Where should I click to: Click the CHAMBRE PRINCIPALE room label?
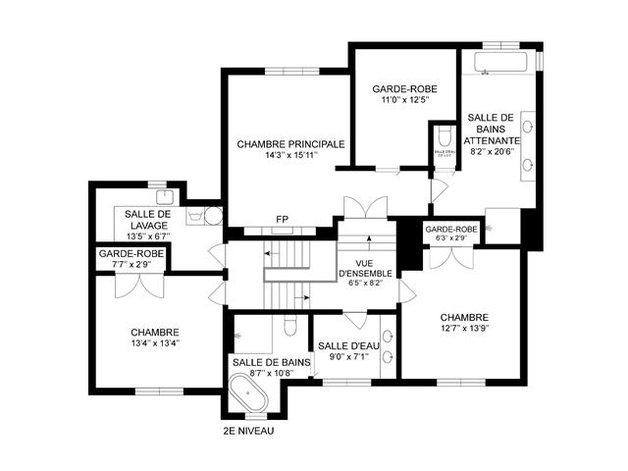[290, 143]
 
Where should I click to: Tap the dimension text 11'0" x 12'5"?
[405, 100]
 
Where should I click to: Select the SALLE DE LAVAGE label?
[148, 220]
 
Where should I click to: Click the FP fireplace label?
[282, 219]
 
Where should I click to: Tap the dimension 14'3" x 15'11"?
[290, 155]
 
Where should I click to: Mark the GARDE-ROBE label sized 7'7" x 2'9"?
[131, 253]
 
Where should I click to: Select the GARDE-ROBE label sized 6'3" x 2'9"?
[451, 230]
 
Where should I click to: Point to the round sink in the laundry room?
[213, 218]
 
